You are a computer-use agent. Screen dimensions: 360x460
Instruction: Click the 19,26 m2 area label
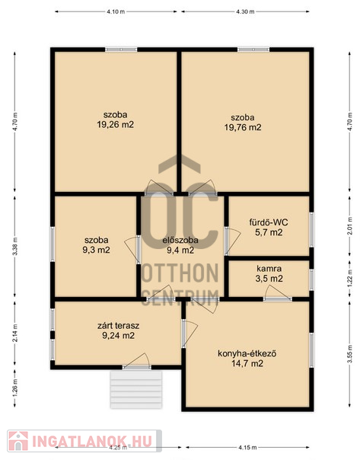pyautogui.click(x=115, y=125)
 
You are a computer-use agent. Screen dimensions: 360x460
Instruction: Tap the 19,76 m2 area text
pyautogui.click(x=243, y=127)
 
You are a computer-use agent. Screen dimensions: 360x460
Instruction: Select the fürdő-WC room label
pyautogui.click(x=269, y=222)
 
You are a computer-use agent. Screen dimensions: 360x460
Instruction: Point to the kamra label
pyautogui.click(x=269, y=268)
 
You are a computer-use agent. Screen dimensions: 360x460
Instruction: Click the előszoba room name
pyautogui.click(x=180, y=240)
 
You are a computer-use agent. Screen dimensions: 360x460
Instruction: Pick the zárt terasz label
pyautogui.click(x=118, y=325)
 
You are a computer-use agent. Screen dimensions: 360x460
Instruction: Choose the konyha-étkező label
pyautogui.click(x=247, y=353)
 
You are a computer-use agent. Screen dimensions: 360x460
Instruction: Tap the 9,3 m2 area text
pyautogui.click(x=97, y=250)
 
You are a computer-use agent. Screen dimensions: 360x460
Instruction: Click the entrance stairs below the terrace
pyautogui.click(x=136, y=390)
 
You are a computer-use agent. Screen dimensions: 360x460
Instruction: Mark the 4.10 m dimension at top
pyautogui.click(x=116, y=11)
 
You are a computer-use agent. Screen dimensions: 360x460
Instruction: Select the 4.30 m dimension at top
pyautogui.click(x=245, y=11)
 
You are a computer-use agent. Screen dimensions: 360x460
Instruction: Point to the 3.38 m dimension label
pyautogui.click(x=15, y=246)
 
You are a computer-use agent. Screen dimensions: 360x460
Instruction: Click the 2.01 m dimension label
pyautogui.click(x=349, y=226)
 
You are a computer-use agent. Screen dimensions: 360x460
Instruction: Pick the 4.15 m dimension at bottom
pyautogui.click(x=247, y=447)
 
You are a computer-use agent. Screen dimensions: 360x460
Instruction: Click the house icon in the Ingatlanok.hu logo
pyautogui.click(x=18, y=441)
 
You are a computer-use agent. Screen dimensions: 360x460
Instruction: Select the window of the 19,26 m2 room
pyautogui.click(x=121, y=50)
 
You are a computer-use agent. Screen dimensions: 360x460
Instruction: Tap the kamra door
pyautogui.click(x=277, y=293)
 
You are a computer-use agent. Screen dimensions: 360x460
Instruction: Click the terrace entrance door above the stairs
pyautogui.click(x=136, y=361)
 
